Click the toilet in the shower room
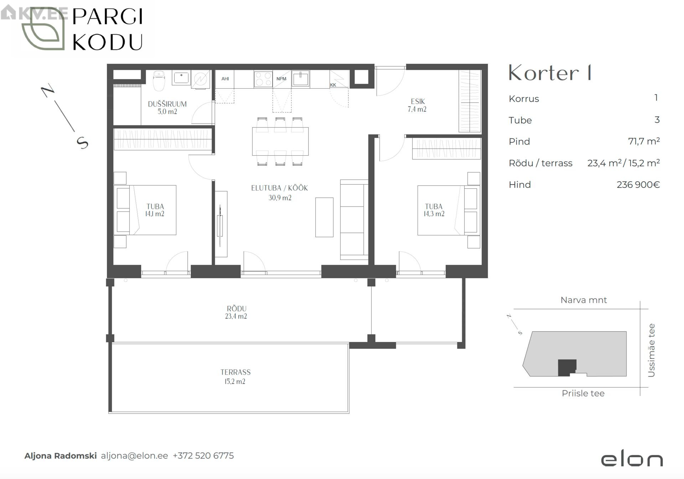coord(159,80)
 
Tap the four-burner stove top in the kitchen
coord(263,79)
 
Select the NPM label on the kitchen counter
coord(281,79)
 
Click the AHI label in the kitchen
coord(225,79)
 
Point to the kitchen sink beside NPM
coord(300,79)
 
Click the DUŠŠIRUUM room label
coord(167,104)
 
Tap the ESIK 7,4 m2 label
coord(417,105)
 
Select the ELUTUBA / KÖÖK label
coord(279,188)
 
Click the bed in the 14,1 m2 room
coord(145,210)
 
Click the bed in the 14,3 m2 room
coord(449,210)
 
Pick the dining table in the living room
coord(280,141)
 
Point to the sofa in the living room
coord(354,220)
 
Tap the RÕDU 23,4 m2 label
coord(236,312)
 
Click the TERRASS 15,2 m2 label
coord(235,377)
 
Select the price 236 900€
coord(638,184)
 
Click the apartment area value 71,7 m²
coord(644,141)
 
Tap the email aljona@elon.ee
coord(134,456)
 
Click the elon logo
coord(632,459)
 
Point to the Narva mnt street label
coord(584,300)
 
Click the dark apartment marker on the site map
coord(566,368)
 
